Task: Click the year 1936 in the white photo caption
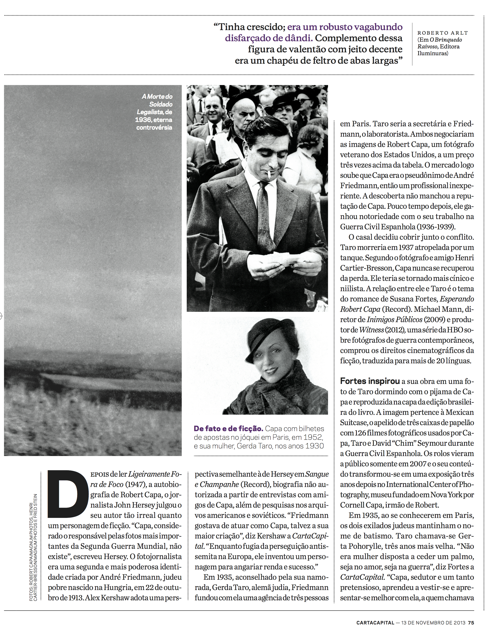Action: pyautogui.click(x=143, y=120)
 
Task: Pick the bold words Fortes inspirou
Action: pyautogui.click(x=370, y=381)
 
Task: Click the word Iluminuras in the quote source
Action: pyautogui.click(x=433, y=53)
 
